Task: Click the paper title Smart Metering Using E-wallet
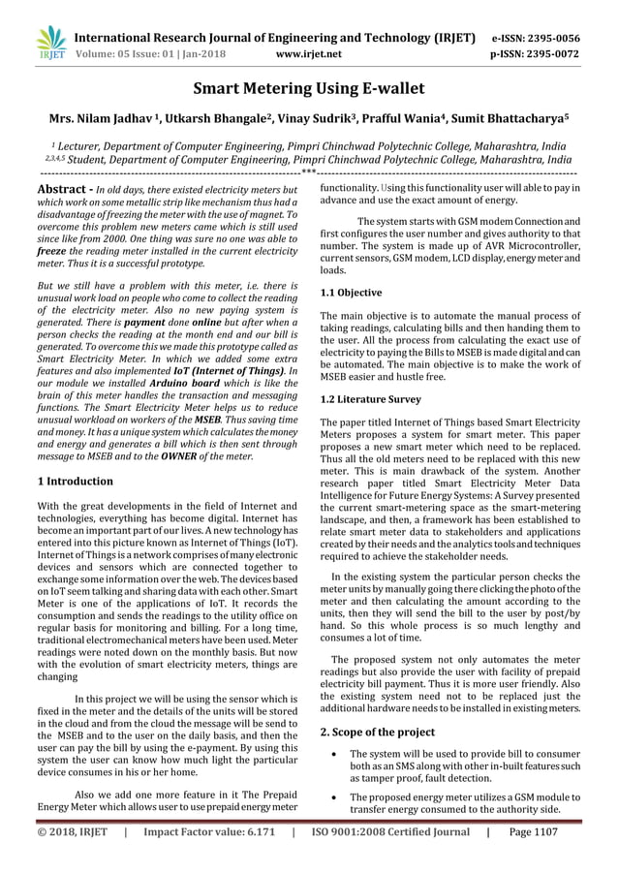308,92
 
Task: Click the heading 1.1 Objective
351,292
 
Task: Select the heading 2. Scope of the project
381,732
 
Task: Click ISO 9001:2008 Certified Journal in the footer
388,858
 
